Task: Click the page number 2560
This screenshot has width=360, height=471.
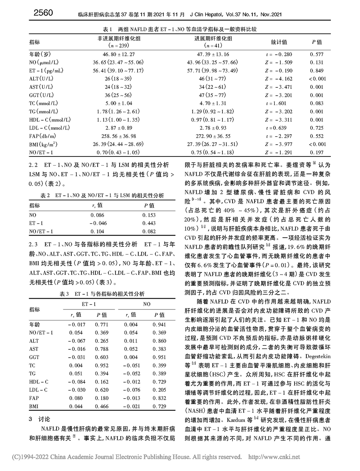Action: (x=43, y=13)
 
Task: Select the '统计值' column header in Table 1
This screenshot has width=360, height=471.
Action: (x=279, y=42)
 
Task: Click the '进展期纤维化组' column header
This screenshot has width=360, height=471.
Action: (x=213, y=39)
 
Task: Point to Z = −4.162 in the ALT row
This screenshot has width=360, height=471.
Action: (x=279, y=79)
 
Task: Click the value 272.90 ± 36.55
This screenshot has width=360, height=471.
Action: (x=213, y=136)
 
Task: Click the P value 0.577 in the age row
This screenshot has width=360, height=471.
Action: (x=317, y=54)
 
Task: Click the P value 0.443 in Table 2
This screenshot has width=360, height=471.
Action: (x=149, y=223)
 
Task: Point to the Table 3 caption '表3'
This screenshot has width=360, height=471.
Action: (x=64, y=294)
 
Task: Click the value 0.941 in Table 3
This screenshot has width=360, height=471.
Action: (x=159, y=325)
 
